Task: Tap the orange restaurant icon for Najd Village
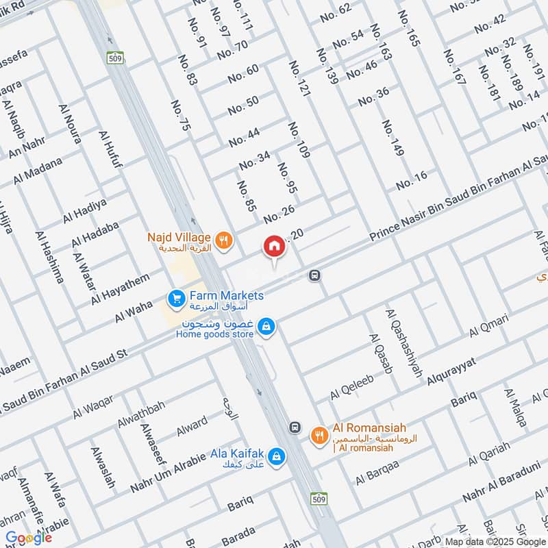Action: [223, 240]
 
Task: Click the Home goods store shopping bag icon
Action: [269, 328]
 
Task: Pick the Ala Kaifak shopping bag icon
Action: [276, 455]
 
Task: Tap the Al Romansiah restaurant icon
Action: [319, 434]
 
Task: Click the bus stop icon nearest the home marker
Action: [314, 275]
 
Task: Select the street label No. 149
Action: [393, 138]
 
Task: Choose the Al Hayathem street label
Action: [120, 290]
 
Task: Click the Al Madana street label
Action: [38, 171]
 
